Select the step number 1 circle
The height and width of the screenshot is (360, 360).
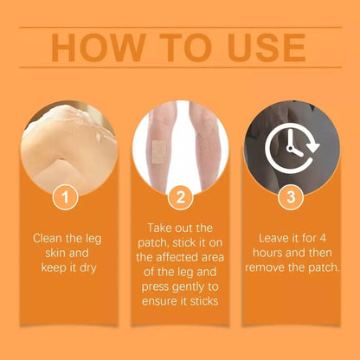pyautogui.click(x=62, y=197)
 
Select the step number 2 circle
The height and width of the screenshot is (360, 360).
pyautogui.click(x=180, y=197)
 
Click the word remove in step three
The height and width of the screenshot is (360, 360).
pyautogui.click(x=267, y=267)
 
